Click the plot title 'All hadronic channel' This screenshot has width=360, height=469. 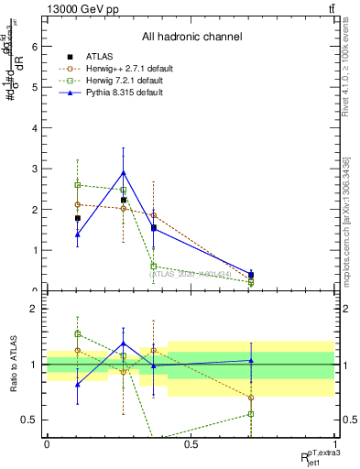point(191,38)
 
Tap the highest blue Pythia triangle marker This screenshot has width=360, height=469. point(124,172)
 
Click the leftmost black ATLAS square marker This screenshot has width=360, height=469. point(78,218)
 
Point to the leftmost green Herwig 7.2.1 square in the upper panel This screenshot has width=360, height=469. point(78,185)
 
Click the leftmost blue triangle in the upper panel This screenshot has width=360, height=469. point(78,234)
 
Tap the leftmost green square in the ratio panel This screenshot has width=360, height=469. point(78,333)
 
